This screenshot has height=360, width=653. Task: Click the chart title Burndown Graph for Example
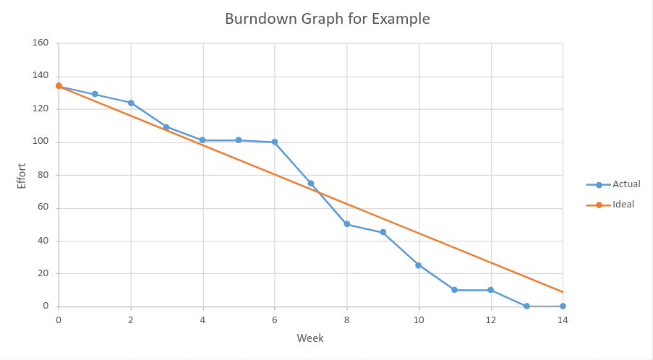(x=327, y=20)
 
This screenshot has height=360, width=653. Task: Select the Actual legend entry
(x=626, y=184)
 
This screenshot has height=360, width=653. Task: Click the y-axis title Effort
(x=22, y=176)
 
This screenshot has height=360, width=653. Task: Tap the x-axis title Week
(x=310, y=338)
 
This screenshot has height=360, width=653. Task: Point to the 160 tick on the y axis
(x=40, y=43)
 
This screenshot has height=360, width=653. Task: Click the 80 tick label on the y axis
(x=43, y=175)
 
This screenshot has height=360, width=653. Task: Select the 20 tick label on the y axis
(x=43, y=273)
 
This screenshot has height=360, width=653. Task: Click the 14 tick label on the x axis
(x=563, y=320)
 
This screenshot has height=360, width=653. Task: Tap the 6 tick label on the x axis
(x=275, y=320)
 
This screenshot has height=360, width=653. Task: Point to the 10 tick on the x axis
(x=419, y=320)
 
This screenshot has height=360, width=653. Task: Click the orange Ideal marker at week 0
(x=59, y=86)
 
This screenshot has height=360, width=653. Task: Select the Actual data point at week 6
(x=275, y=142)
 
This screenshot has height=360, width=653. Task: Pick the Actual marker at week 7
(x=311, y=183)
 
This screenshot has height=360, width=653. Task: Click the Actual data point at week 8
(x=347, y=224)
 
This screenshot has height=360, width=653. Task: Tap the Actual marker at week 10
(x=419, y=265)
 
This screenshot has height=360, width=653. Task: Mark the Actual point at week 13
(x=526, y=307)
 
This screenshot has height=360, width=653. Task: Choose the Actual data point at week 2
(x=131, y=103)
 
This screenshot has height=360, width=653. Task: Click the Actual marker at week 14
(x=563, y=307)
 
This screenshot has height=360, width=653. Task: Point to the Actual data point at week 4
(x=202, y=140)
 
